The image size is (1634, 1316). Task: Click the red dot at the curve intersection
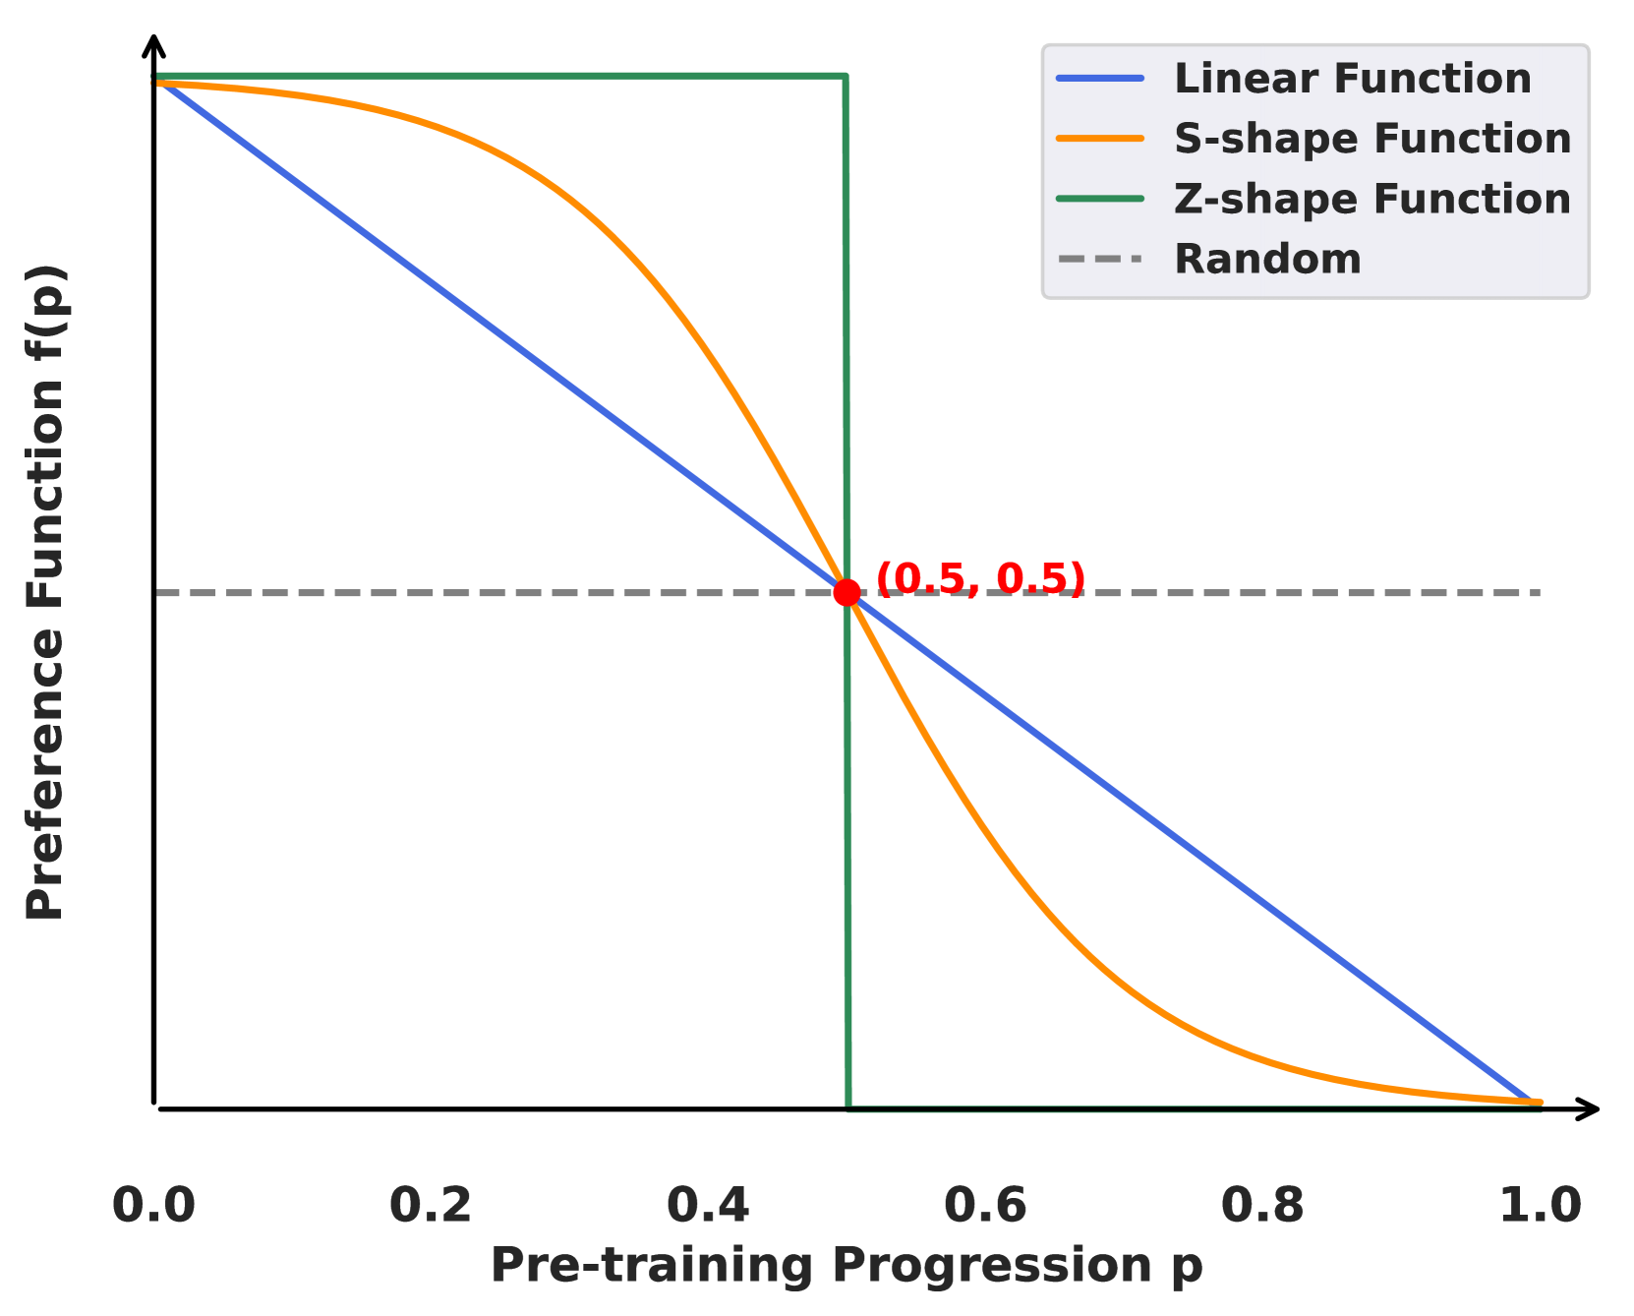(846, 592)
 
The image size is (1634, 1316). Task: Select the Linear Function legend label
(1352, 79)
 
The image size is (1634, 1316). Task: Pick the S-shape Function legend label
(1372, 139)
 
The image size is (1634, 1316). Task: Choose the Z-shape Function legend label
(1372, 199)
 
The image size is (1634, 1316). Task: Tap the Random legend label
(1267, 260)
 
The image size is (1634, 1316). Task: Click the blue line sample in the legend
(1100, 79)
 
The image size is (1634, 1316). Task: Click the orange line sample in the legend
(1100, 139)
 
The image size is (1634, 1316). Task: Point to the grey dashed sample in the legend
(1100, 260)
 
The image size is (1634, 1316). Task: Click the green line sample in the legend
(1100, 199)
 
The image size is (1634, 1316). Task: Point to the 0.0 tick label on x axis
(154, 1205)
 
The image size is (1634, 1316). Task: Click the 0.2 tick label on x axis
(431, 1205)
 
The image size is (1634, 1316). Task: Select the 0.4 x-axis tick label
(708, 1205)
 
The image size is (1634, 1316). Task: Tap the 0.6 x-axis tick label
(985, 1205)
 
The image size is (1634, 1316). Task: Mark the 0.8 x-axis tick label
(1262, 1205)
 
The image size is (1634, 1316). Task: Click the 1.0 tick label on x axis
(1540, 1205)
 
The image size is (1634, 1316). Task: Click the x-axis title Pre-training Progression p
(846, 1265)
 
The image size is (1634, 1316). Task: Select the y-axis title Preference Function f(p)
(45, 592)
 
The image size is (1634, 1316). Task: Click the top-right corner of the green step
(846, 76)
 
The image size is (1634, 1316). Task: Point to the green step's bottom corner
(848, 1107)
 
